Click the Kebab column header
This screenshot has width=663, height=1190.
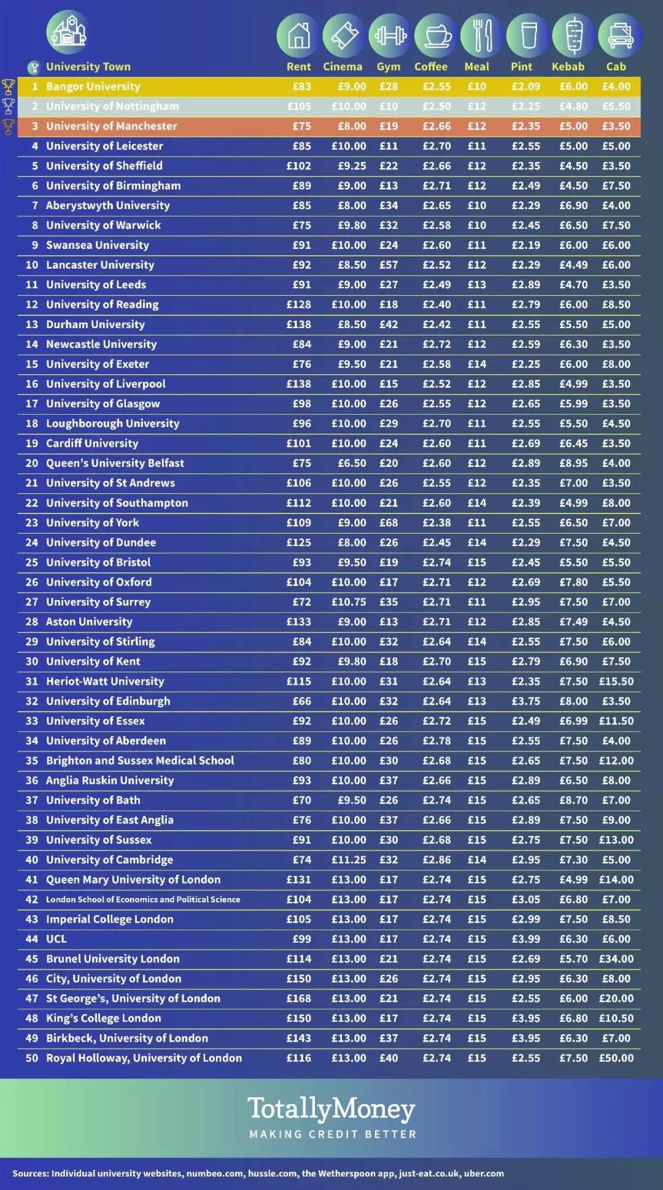coord(568,66)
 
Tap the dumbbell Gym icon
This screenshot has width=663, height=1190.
coord(390,36)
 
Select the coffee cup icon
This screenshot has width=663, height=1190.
coord(436,36)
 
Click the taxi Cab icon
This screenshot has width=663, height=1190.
coord(620,36)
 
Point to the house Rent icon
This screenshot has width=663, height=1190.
coord(298,36)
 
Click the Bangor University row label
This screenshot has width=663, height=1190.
coord(93,86)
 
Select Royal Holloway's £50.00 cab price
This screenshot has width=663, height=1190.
coord(616,1058)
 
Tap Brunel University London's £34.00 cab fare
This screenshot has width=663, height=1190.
coord(616,959)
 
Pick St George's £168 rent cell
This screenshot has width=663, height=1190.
coord(299,998)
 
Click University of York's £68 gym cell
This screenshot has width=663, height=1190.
coord(389,523)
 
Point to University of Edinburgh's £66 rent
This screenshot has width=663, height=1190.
coord(301,701)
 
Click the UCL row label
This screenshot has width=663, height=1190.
coord(56,939)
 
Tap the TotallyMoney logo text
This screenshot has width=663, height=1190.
coord(331,1109)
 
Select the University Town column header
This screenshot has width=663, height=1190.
coord(88,66)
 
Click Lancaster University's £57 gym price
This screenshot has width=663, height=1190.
coord(389,265)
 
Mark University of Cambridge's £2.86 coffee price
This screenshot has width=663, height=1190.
coord(436,859)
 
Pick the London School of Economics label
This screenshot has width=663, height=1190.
coord(143,899)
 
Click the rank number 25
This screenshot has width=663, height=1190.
coord(32,562)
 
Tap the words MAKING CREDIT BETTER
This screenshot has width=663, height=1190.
coord(333,1134)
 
